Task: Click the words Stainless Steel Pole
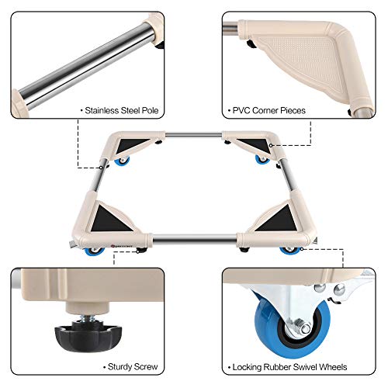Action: tap(122, 110)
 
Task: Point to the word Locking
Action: tap(248, 366)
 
